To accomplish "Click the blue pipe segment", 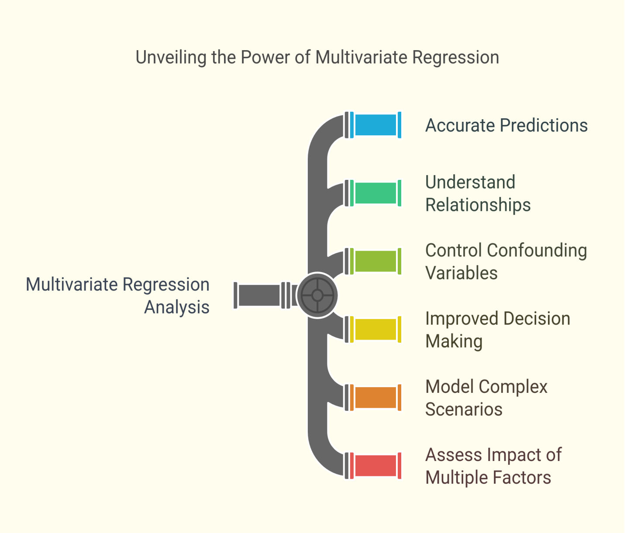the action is (x=376, y=125).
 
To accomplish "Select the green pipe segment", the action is (x=376, y=193).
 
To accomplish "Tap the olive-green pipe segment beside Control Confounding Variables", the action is (x=376, y=261).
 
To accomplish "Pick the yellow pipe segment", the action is (x=376, y=330).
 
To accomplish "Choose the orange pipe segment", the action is (x=376, y=397).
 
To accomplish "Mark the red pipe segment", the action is (x=376, y=466).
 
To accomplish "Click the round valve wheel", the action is (x=317, y=295).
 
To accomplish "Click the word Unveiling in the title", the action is (x=171, y=57).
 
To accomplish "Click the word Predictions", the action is (x=544, y=125).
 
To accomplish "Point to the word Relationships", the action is (x=478, y=205).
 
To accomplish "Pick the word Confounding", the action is (x=537, y=251).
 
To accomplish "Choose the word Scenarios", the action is (x=464, y=409).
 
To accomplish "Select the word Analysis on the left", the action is (x=177, y=307).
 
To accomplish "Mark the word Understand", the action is (x=470, y=182).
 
